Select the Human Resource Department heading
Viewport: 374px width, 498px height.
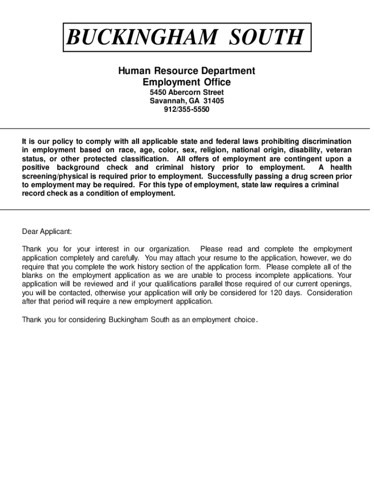(187, 71)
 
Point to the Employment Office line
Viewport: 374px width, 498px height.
(187, 82)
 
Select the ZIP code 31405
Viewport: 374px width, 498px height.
(214, 101)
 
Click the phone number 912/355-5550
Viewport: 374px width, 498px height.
(187, 109)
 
